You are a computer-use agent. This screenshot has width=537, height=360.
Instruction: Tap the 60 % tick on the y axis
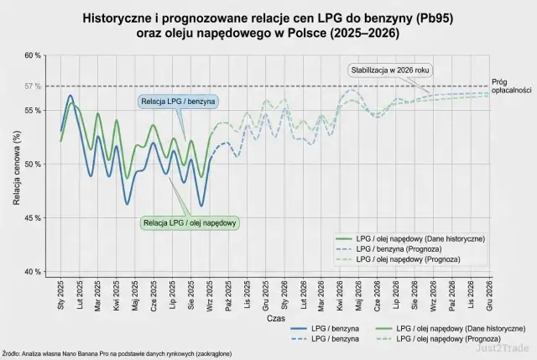pyautogui.click(x=31, y=55)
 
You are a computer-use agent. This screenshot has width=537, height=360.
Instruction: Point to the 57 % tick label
pyautogui.click(x=31, y=86)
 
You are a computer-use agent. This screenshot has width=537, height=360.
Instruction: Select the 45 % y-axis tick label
pyautogui.click(x=31, y=218)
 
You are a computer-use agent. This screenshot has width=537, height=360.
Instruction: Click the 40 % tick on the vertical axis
pyautogui.click(x=31, y=272)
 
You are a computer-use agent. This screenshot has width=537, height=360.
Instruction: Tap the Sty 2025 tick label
pyautogui.click(x=61, y=295)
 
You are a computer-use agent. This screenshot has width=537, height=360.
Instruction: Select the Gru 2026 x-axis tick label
pyautogui.click(x=489, y=295)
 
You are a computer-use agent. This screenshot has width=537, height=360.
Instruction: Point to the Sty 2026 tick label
pyautogui.click(x=284, y=295)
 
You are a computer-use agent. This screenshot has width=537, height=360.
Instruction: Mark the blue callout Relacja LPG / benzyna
pyautogui.click(x=178, y=102)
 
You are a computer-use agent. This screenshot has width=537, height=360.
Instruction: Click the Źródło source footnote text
pyautogui.click(x=117, y=354)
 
